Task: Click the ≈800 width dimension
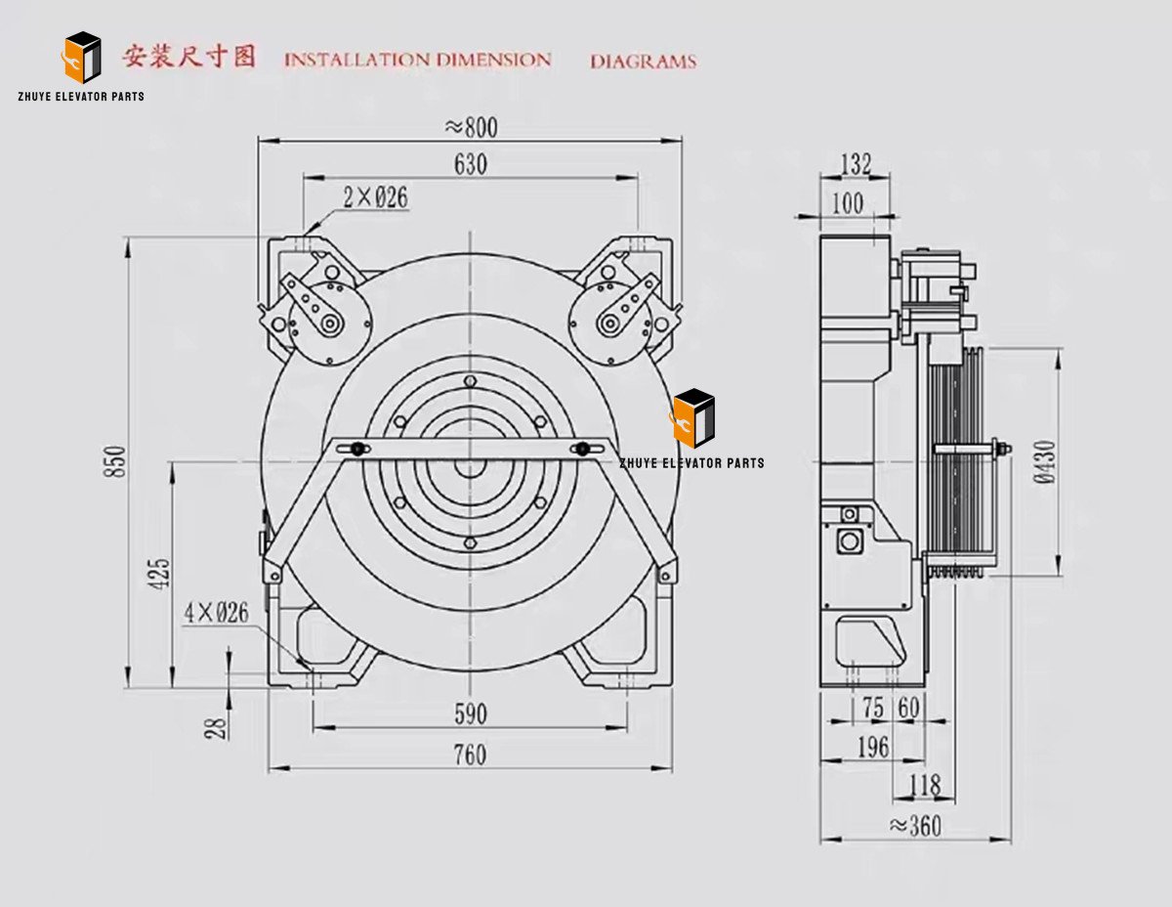[471, 128]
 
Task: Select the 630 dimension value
[470, 164]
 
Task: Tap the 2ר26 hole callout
[375, 197]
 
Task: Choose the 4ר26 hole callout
[216, 613]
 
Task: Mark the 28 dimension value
[218, 726]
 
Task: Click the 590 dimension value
[470, 714]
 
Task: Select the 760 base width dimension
[470, 756]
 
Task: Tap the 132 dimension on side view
[856, 164]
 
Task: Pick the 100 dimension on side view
[846, 202]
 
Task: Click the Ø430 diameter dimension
[1046, 462]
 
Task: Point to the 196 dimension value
[872, 748]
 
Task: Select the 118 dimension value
[924, 785]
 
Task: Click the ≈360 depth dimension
[915, 826]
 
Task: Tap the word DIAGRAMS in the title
[643, 62]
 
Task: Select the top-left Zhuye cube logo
[82, 58]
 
